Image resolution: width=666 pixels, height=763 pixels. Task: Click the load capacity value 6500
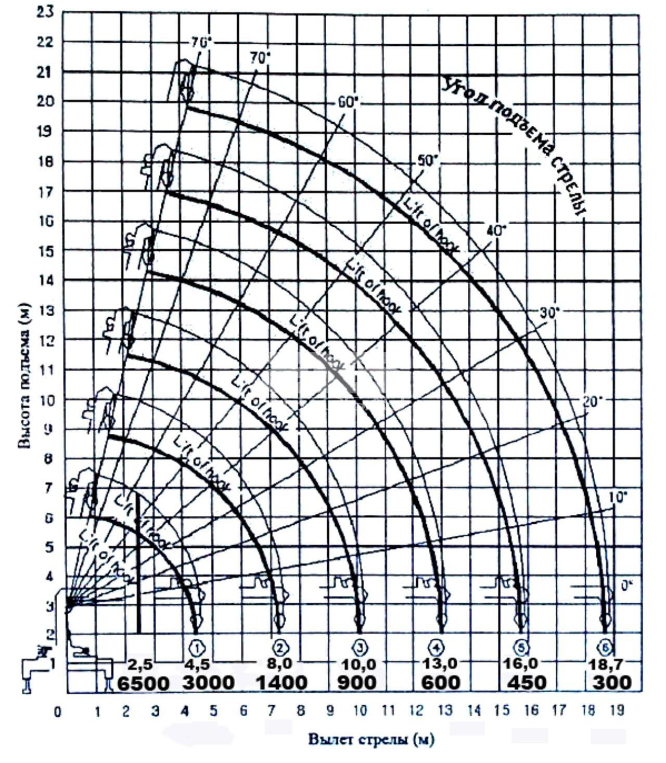(x=143, y=683)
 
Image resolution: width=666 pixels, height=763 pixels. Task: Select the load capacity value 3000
(x=208, y=682)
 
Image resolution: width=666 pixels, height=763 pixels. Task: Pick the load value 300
(x=612, y=682)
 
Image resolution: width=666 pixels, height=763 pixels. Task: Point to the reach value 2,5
(x=139, y=665)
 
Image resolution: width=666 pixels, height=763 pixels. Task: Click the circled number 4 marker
(x=436, y=648)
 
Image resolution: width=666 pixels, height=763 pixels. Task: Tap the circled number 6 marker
(x=606, y=648)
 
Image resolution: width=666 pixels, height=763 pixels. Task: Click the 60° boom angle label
(x=348, y=102)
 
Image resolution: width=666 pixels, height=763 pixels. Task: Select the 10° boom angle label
(x=619, y=497)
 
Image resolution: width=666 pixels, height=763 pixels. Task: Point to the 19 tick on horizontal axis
(x=617, y=711)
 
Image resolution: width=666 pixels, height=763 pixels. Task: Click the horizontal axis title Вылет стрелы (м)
(x=372, y=740)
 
